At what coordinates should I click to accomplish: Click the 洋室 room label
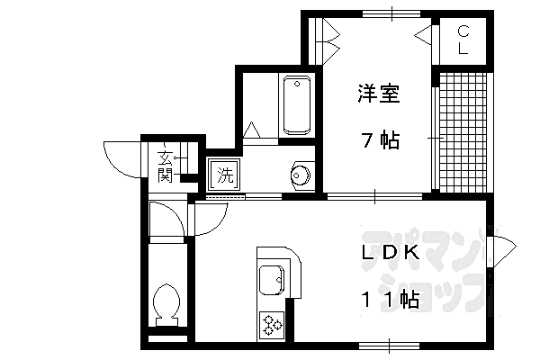tap(378, 94)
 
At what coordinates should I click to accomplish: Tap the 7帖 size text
tap(380, 140)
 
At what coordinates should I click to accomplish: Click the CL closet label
tap(463, 40)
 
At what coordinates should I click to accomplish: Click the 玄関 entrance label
tap(166, 164)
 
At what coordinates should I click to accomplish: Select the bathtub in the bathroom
tap(296, 106)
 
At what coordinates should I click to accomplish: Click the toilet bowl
tap(166, 302)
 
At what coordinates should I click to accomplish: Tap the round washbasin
tap(301, 174)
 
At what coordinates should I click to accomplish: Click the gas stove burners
tap(272, 323)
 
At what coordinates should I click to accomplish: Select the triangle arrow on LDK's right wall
tap(499, 245)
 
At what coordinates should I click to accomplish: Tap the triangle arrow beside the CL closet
tap(424, 37)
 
